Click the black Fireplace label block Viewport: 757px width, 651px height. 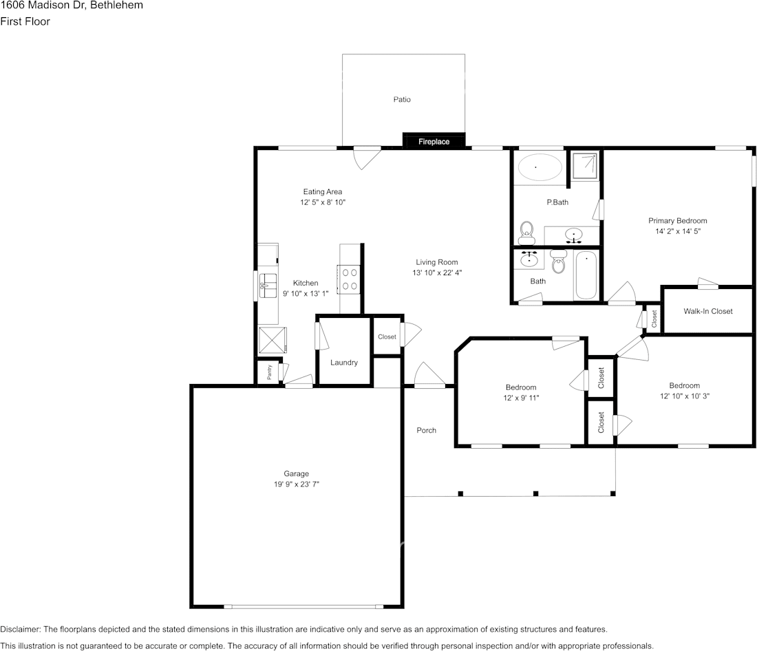434,140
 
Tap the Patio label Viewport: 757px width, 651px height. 402,100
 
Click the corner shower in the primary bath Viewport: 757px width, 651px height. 585,166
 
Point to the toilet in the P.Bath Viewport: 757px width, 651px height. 526,233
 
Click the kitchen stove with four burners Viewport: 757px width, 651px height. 350,279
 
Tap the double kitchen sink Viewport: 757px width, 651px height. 268,286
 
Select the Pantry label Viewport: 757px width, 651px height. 269,372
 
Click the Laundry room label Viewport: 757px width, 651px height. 343,362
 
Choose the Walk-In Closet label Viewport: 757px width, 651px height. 707,312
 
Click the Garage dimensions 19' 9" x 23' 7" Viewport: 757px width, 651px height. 297,484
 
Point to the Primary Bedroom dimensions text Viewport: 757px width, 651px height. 677,231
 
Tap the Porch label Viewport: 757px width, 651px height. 426,430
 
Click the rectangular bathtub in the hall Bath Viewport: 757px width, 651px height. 586,275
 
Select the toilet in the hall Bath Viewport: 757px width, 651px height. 559,262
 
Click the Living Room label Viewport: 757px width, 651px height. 437,262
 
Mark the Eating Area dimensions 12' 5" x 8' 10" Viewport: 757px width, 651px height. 323,202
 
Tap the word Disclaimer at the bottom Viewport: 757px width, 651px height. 21,629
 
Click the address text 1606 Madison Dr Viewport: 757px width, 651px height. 43,6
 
